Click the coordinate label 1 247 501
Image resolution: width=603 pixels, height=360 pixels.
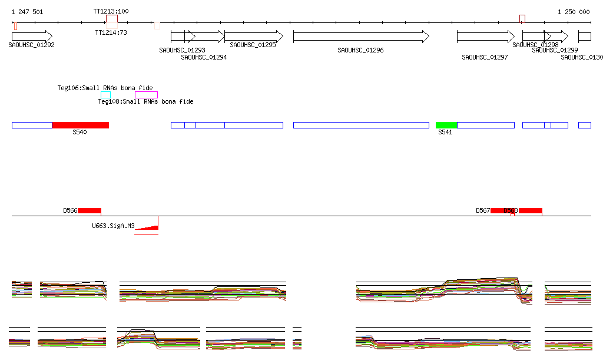tap(27, 12)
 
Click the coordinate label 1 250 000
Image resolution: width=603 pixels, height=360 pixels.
tap(574, 12)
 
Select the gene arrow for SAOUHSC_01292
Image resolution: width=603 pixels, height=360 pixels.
tap(32, 37)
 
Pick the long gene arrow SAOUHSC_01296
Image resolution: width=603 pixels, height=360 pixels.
tap(361, 37)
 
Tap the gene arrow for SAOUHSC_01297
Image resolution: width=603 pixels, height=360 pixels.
tap(486, 37)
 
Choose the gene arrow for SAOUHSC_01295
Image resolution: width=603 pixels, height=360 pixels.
tap(250, 37)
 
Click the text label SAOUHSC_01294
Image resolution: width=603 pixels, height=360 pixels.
tap(204, 57)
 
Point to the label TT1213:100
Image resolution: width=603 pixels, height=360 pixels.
tap(111, 12)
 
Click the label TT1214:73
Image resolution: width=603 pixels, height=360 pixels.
tap(111, 32)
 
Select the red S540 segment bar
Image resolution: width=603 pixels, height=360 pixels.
tap(81, 125)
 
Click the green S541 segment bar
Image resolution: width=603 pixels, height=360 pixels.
tap(446, 125)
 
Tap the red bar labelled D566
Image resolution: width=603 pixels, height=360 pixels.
tap(90, 211)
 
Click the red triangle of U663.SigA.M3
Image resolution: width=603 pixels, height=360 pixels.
tap(151, 226)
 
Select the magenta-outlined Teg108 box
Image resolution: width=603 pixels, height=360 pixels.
tap(146, 95)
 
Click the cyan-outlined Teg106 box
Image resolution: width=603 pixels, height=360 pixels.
tap(105, 95)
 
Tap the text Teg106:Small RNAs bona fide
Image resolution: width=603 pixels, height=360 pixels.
tap(105, 88)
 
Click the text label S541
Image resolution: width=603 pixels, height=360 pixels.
tap(445, 133)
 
